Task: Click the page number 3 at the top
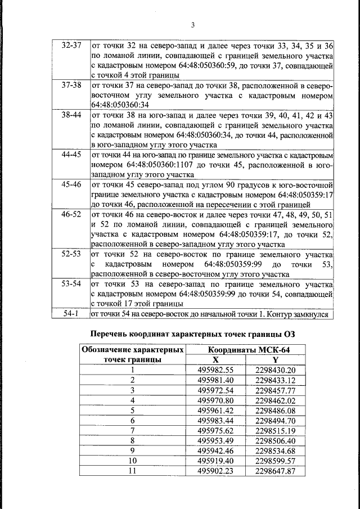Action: click(x=192, y=24)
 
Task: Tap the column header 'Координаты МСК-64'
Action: click(x=246, y=350)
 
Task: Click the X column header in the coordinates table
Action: click(x=215, y=359)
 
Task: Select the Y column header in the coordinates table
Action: click(x=275, y=359)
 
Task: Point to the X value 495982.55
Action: click(x=215, y=370)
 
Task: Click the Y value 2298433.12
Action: click(x=275, y=380)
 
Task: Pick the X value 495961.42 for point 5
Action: click(x=215, y=410)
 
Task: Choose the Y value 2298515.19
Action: click(x=275, y=430)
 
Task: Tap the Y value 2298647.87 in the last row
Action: click(x=275, y=471)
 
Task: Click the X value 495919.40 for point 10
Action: click(x=215, y=461)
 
